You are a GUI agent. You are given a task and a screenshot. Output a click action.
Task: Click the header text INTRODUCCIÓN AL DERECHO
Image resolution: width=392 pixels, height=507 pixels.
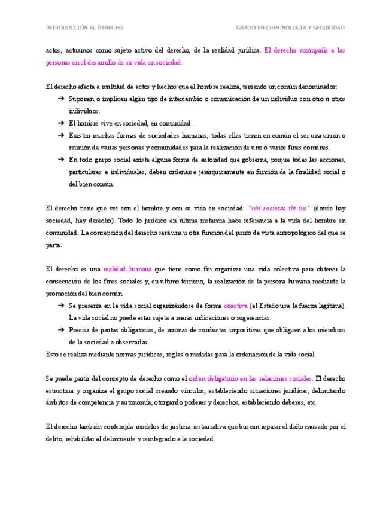[x=84, y=28]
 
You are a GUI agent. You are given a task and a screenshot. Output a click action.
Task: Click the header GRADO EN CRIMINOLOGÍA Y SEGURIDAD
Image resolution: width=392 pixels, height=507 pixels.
[x=290, y=28]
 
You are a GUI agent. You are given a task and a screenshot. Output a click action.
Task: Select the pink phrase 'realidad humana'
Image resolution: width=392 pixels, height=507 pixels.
[x=127, y=269]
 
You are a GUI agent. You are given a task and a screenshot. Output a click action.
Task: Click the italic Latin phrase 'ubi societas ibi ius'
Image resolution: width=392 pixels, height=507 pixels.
[x=279, y=208]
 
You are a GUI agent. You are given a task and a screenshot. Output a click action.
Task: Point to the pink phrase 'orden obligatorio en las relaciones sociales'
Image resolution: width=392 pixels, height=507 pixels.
[x=250, y=378]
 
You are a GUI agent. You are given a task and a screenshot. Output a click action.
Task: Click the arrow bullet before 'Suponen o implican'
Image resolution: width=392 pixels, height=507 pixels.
[x=61, y=99]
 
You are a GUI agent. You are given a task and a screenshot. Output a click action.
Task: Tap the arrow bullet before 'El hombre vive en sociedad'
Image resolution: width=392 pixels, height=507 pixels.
[x=61, y=123]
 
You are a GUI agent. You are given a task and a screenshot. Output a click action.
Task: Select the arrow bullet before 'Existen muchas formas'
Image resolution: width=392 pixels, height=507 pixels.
[x=61, y=135]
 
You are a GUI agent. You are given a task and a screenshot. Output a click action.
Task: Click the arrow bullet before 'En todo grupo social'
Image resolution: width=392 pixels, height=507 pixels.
[x=61, y=160]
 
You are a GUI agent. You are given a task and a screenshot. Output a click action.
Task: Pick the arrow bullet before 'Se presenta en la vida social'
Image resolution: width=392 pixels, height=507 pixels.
[x=61, y=306]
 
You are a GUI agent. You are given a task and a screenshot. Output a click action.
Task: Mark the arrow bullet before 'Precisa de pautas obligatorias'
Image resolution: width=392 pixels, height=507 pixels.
[x=61, y=330]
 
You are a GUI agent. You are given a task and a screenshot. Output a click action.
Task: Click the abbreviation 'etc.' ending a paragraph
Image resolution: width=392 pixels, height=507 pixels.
[x=311, y=403]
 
